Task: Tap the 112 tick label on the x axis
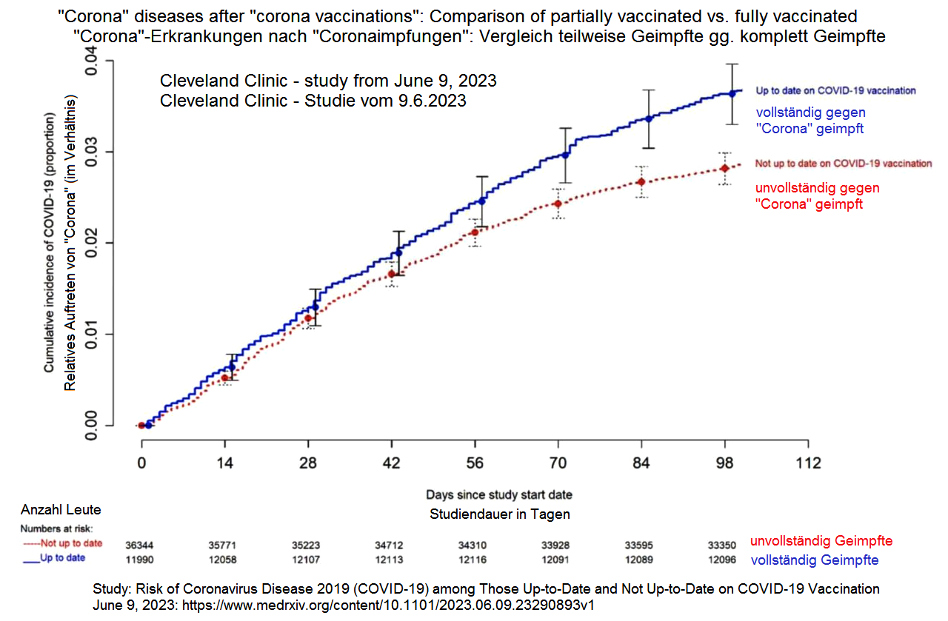808,463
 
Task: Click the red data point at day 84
641,182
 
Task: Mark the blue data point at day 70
565,155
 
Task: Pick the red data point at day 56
475,232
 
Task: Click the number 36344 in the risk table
141,544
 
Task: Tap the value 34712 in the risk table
390,544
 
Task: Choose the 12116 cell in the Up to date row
472,560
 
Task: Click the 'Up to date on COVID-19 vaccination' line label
835,91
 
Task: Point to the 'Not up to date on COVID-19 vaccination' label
843,164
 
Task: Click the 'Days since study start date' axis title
498,494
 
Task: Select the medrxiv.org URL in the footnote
393,605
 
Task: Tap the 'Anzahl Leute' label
61,510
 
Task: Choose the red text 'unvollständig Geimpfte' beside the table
821,541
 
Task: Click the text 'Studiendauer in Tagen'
500,514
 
